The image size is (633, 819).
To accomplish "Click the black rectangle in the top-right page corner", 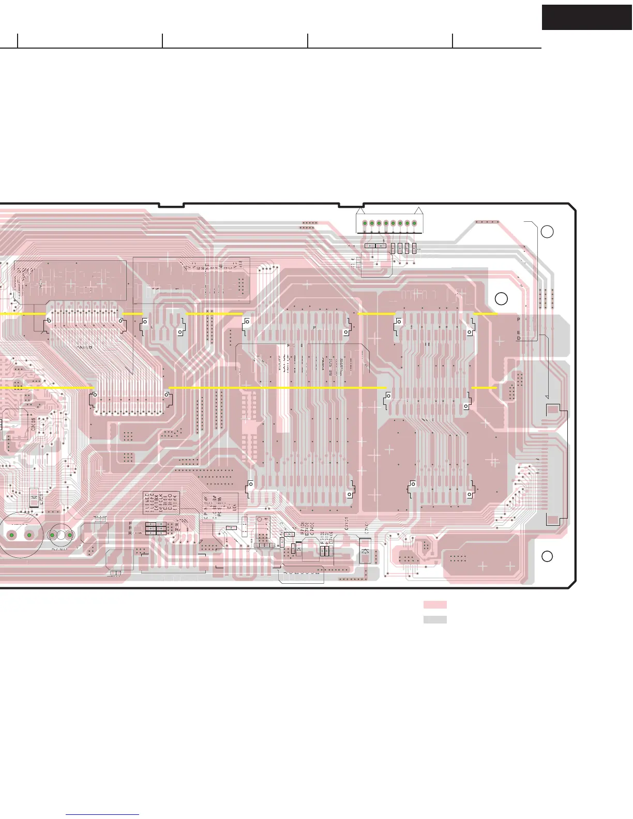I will coord(587,18).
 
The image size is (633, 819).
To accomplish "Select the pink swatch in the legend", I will coord(435,604).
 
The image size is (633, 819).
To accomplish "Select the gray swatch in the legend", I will coord(435,619).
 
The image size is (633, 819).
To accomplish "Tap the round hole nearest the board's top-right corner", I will coord(547,232).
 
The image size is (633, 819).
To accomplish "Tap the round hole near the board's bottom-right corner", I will coord(547,556).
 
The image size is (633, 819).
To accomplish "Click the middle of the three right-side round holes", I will coord(501,298).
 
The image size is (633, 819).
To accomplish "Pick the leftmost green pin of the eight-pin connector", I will coord(365,223).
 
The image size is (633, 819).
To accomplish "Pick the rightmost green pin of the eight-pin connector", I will coord(414,223).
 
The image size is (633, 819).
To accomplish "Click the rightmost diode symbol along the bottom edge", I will coord(365,551).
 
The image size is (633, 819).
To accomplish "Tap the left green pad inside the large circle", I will coord(11,535).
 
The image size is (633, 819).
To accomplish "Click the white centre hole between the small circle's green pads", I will coord(61,535).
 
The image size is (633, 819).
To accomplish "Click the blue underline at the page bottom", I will coord(102,815).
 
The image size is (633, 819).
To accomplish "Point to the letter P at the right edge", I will coord(519,320).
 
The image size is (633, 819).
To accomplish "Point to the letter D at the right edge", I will coord(519,339).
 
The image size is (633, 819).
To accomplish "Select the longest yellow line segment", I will coord(278,387).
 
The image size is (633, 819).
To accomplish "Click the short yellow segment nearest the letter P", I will coord(486,313).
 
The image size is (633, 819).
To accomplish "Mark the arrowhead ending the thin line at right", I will coord(547,396).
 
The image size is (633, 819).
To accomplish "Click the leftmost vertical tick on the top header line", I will coord(18,41).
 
